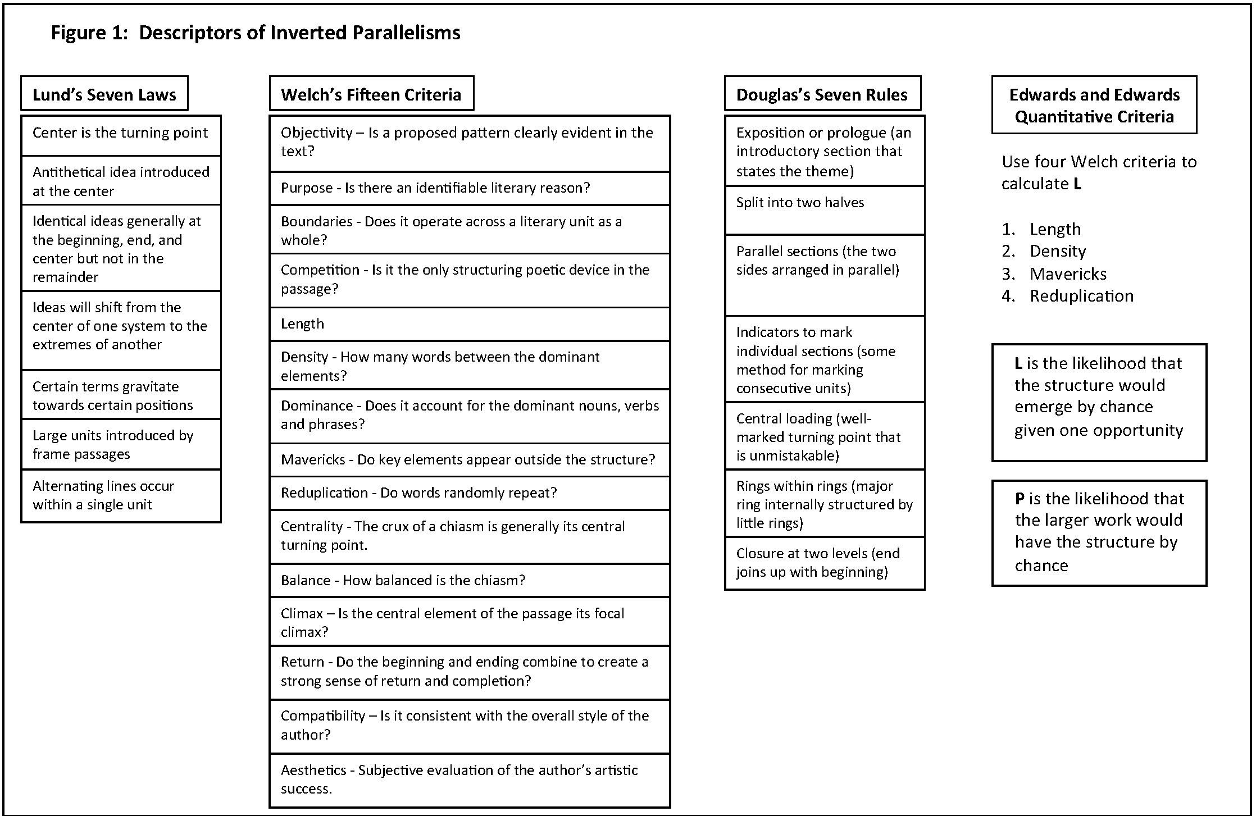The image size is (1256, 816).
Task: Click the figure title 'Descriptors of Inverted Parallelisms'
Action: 299,33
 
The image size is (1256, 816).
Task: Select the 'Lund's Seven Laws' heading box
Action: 104,94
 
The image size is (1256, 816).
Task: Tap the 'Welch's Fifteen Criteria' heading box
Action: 371,94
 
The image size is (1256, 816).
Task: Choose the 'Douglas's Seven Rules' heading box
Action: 822,94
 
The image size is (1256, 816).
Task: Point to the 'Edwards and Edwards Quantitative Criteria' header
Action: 1094,106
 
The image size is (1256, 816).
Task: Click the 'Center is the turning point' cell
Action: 121,135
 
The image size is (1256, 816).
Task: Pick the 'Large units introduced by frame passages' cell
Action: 121,444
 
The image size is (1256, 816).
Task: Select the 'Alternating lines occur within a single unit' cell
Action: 121,495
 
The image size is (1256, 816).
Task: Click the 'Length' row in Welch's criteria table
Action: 470,324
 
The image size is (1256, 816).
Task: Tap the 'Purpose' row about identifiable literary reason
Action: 470,188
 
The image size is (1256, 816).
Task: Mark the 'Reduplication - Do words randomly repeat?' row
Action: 470,493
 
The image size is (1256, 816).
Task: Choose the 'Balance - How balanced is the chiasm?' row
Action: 470,580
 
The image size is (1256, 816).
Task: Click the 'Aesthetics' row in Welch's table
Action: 470,779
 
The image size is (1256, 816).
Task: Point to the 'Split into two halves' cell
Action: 825,210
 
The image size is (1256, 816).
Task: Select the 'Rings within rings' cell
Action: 825,504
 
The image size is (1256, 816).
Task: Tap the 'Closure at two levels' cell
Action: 825,563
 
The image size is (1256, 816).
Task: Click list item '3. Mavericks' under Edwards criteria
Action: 1067,274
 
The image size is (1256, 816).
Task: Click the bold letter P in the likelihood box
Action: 1020,499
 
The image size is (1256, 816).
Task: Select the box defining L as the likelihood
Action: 1099,402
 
